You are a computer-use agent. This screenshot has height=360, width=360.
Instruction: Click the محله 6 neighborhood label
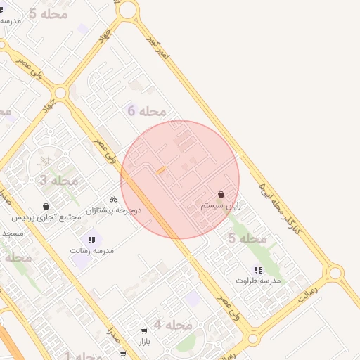point(147,110)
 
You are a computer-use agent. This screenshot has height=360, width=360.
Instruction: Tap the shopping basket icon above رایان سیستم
point(221,194)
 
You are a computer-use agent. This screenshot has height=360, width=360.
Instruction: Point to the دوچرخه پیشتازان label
point(113,210)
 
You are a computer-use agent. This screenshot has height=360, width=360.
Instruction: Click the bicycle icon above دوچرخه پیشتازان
point(113,200)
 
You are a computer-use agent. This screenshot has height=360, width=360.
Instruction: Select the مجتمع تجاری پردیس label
point(46,217)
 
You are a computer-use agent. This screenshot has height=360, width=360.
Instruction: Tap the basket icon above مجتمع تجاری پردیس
point(46,207)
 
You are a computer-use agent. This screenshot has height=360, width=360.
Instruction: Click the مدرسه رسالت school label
point(91,250)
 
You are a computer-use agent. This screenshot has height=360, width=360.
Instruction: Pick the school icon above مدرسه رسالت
point(91,240)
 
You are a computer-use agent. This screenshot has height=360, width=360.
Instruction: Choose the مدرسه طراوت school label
point(257,281)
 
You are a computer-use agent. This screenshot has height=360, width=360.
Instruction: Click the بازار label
point(144,341)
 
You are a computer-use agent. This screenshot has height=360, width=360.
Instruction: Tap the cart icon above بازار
point(144,330)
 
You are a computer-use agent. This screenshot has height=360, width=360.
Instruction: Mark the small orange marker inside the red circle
point(161,171)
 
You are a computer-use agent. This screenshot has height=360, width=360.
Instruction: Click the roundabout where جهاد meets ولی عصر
point(60,93)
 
